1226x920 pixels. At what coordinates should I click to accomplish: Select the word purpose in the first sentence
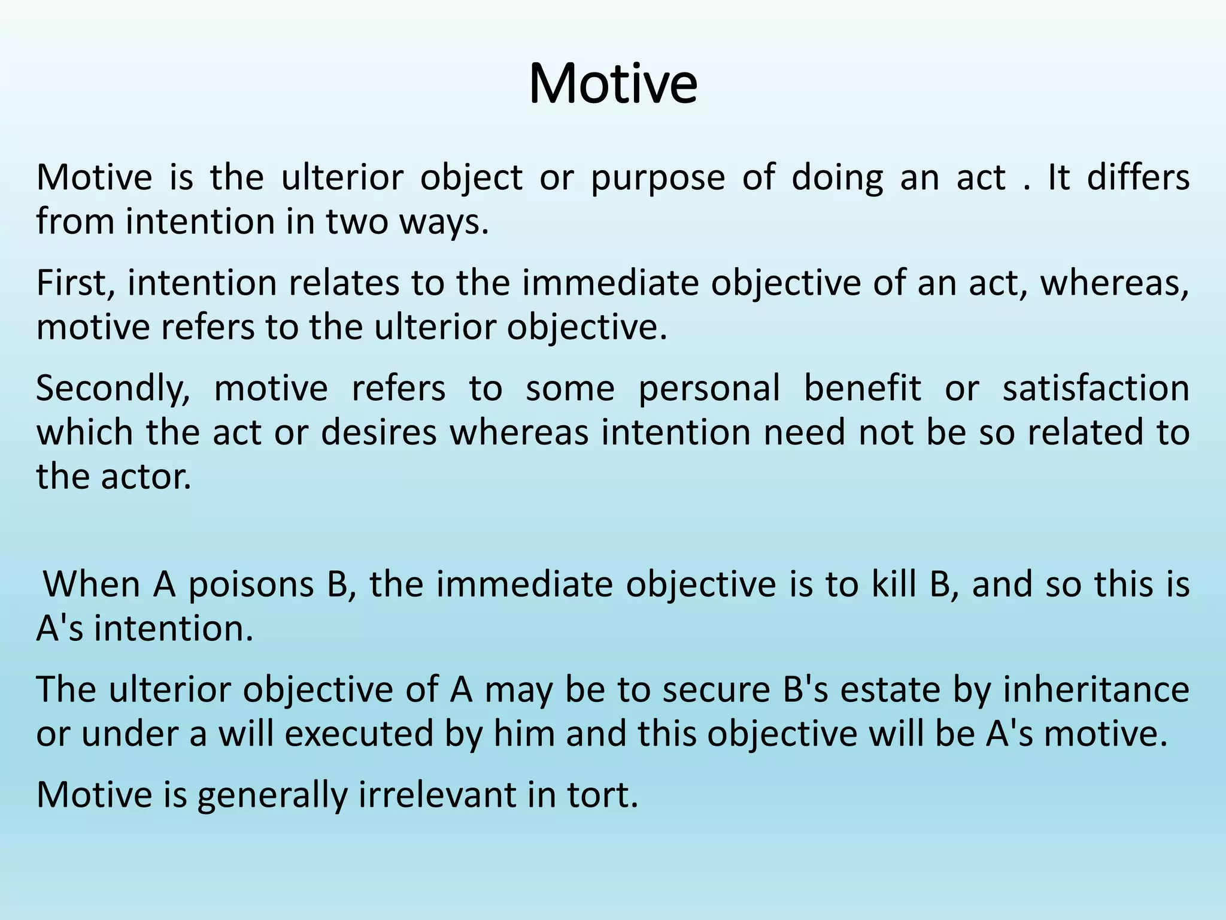[x=657, y=178]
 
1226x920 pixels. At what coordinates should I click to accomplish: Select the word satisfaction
[x=1095, y=388]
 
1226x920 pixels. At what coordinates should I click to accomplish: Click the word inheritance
[x=1095, y=689]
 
